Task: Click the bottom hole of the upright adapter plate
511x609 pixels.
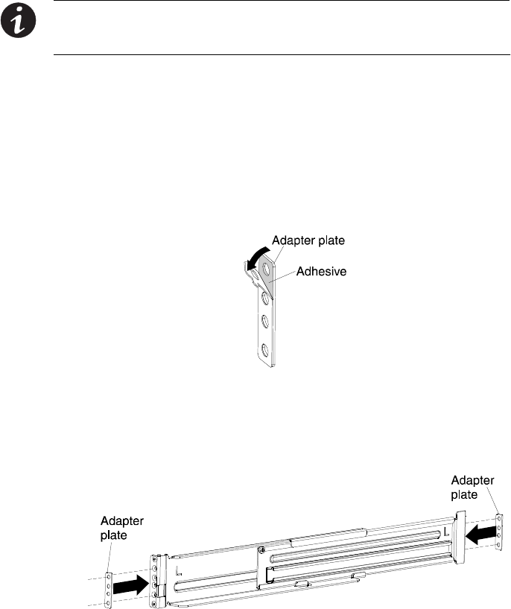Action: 263,348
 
